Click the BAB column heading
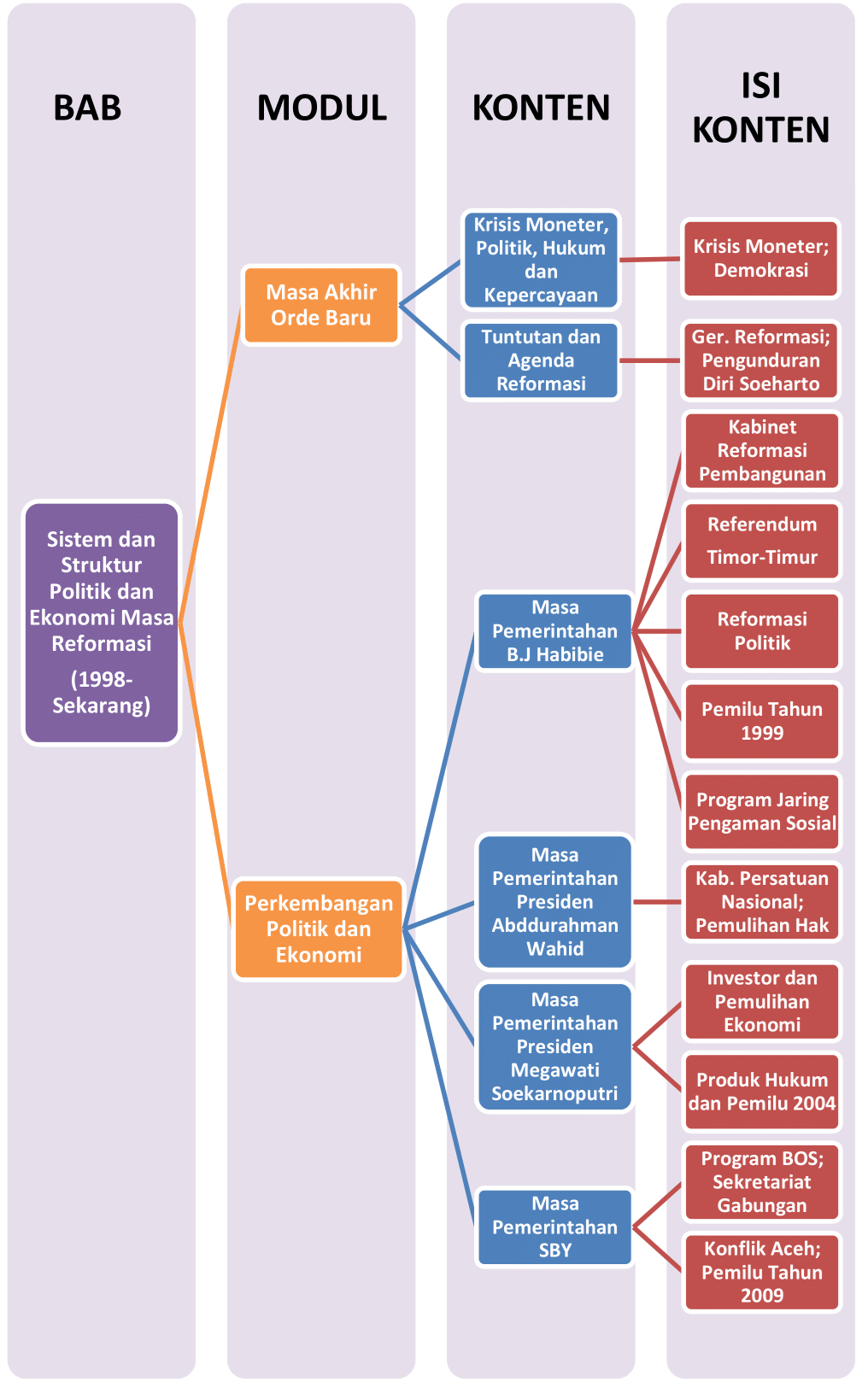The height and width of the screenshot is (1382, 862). pos(87,108)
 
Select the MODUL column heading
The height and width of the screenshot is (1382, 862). pos(321,108)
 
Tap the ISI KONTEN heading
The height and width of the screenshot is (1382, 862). pos(760,108)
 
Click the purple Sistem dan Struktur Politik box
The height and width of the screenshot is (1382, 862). pos(102,622)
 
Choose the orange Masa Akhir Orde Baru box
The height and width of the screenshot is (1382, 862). pos(321,305)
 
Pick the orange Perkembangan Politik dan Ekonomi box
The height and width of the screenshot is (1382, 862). pos(319,928)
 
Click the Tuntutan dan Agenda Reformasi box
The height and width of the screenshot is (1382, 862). pos(541,360)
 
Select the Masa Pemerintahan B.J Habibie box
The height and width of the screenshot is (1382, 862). pos(554,631)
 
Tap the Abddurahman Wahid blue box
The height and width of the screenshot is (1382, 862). pos(554,902)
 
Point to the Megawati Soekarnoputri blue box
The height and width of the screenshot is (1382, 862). pos(554,1046)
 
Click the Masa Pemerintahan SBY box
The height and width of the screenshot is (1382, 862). pos(554,1227)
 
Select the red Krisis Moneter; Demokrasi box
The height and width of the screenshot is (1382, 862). pos(760,258)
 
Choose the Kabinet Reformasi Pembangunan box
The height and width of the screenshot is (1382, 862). pos(762,450)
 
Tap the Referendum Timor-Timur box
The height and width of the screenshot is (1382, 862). pos(762,541)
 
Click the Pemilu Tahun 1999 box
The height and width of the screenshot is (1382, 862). pos(762,721)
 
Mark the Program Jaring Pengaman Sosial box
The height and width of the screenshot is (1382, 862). pos(762,811)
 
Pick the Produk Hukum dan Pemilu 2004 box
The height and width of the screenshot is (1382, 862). pos(762,1092)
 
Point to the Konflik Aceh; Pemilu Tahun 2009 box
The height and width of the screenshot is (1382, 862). pos(762,1272)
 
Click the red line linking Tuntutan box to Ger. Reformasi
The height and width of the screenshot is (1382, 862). pos(650,360)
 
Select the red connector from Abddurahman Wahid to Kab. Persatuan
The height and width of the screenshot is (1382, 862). pos(657,902)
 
